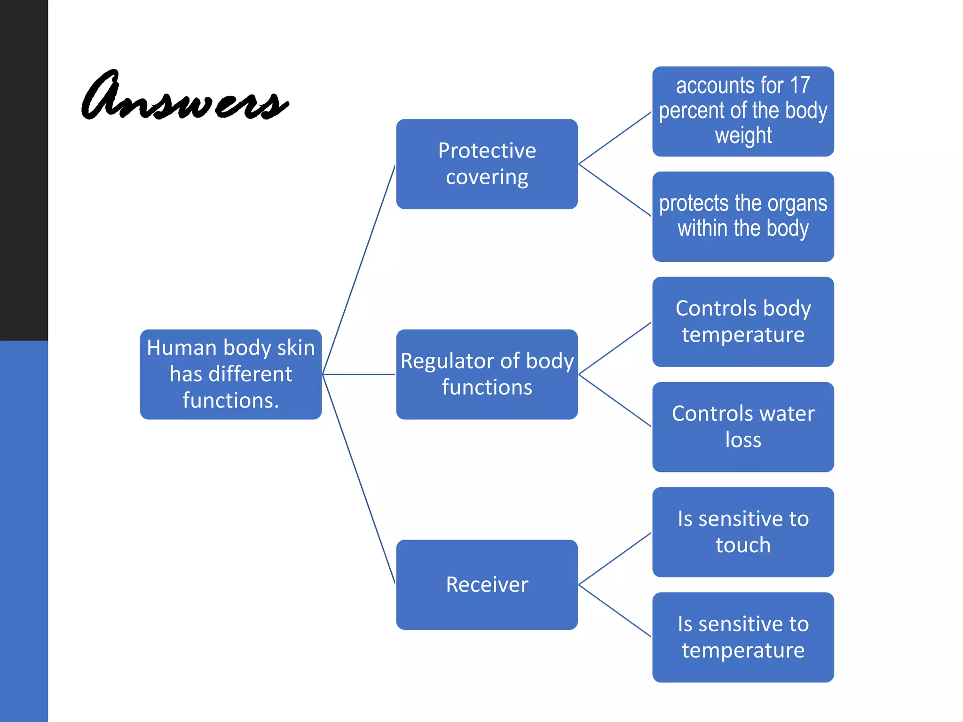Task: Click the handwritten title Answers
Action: [184, 96]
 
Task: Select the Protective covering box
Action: [487, 164]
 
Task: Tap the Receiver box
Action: [487, 584]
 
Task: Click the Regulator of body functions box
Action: [487, 374]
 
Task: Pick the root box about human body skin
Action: [230, 374]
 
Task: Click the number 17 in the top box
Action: [800, 86]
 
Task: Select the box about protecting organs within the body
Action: [743, 216]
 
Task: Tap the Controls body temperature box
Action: [743, 322]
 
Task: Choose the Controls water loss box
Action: [743, 427]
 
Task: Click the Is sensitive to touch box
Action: [743, 532]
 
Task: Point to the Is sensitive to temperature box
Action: [743, 637]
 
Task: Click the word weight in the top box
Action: [743, 135]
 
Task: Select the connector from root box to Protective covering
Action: [359, 269]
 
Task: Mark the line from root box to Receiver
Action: [359, 479]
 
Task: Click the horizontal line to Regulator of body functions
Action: [359, 375]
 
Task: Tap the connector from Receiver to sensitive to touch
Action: [615, 558]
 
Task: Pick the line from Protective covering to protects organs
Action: [615, 190]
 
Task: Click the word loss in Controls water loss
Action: [743, 440]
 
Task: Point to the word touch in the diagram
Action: [743, 545]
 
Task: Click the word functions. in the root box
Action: [230, 400]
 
